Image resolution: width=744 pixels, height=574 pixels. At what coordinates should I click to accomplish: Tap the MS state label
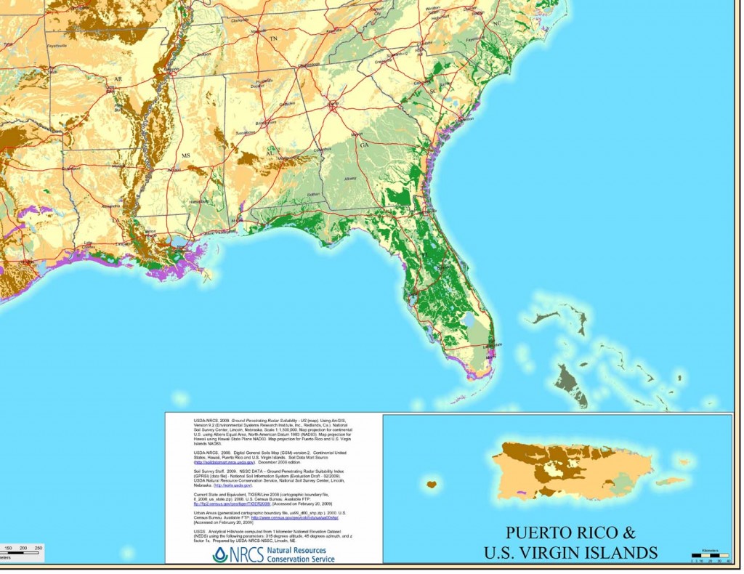pos(185,156)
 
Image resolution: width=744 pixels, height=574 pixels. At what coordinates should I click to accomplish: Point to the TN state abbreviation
pos(273,38)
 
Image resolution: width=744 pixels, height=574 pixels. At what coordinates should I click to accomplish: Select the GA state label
pos(363,145)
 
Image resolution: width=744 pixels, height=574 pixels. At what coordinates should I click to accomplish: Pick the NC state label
pos(497,24)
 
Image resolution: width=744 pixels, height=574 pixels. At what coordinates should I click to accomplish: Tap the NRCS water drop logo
pos(219,554)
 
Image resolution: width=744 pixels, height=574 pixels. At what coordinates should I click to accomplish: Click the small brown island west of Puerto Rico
pos(432,484)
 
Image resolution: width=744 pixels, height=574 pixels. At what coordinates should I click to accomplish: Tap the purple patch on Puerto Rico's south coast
pos(520,493)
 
